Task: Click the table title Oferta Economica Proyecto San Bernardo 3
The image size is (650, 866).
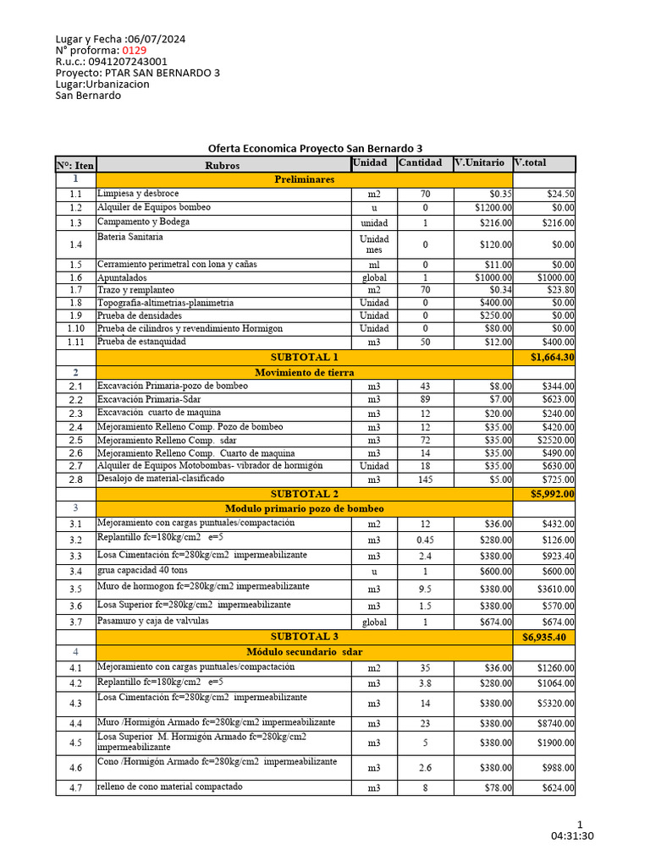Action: click(315, 148)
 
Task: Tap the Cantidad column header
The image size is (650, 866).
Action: click(420, 162)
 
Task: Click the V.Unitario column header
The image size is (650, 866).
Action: click(479, 162)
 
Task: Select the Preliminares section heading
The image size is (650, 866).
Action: click(304, 180)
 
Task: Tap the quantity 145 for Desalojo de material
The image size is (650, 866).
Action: click(425, 480)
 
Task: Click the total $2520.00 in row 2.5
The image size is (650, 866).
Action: click(556, 441)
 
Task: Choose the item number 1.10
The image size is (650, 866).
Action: click(75, 328)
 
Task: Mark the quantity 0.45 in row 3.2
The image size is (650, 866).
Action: click(425, 540)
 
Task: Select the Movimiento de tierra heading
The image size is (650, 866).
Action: click(304, 372)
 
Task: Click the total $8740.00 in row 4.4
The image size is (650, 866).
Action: click(556, 724)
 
